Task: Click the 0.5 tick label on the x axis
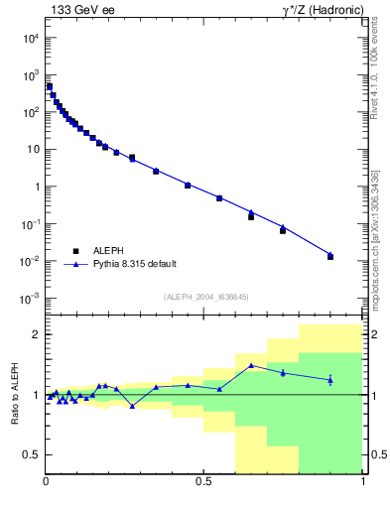[203, 482]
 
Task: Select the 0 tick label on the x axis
[46, 482]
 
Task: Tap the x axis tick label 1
[362, 482]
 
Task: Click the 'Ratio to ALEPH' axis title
[14, 394]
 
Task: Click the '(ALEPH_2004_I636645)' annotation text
[204, 296]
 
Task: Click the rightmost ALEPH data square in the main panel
[330, 257]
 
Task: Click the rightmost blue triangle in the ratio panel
[330, 380]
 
